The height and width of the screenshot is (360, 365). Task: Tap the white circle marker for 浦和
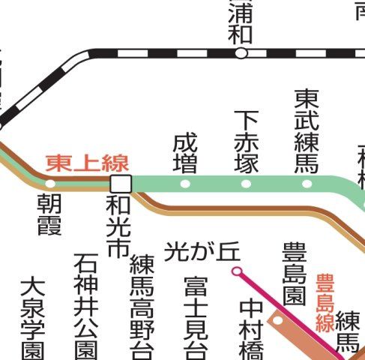pyautogui.click(x=241, y=53)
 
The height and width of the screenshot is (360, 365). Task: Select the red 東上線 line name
pyautogui.click(x=87, y=163)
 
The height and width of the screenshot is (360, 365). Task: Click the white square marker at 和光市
pyautogui.click(x=120, y=183)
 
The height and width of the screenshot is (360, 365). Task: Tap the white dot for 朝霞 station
pyautogui.click(x=50, y=183)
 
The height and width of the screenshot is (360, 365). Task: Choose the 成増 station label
pyautogui.click(x=185, y=153)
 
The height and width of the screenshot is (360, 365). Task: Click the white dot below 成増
pyautogui.click(x=185, y=183)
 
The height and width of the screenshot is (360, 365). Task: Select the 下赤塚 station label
pyautogui.click(x=246, y=141)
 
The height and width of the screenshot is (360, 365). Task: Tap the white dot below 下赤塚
pyautogui.click(x=246, y=183)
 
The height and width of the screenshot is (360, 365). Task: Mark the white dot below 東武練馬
pyautogui.click(x=307, y=183)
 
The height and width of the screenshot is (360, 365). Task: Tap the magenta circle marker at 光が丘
pyautogui.click(x=237, y=270)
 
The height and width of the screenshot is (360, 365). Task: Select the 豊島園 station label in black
pyautogui.click(x=295, y=273)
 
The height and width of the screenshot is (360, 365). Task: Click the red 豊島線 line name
pyautogui.click(x=325, y=302)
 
